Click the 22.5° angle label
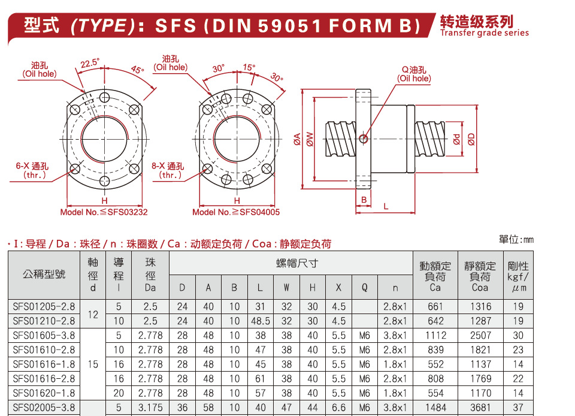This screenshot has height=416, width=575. tap(90, 62)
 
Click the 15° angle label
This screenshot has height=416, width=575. tap(249, 68)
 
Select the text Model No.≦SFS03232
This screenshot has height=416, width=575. tap(104, 212)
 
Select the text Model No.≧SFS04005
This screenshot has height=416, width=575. tap(236, 212)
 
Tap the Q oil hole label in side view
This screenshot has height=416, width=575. tap(414, 74)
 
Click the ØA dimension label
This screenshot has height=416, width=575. tap(297, 139)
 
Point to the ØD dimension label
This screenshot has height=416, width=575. tap(471, 139)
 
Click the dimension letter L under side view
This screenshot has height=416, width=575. tap(386, 206)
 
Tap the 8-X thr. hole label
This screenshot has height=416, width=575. tap(168, 171)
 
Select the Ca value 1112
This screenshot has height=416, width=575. tap(435, 336)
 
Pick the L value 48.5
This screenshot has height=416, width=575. tap(260, 321)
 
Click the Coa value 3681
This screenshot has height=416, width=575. tap(480, 408)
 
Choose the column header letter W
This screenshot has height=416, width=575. tap(286, 288)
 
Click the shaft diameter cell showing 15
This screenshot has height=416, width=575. tap(93, 364)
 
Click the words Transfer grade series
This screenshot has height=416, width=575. tap(485, 33)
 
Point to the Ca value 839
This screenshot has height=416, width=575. tap(435, 350)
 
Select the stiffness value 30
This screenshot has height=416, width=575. tap(518, 336)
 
